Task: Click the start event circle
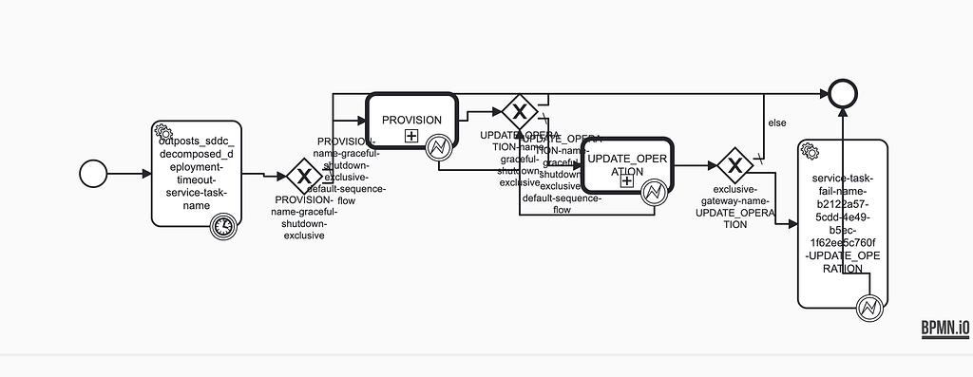coord(93,174)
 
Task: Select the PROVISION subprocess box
coord(411,106)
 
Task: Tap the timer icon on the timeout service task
coord(222,225)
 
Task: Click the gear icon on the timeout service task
coord(162,132)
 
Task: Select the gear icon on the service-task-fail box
coord(810,150)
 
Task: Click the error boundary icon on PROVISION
coord(439,148)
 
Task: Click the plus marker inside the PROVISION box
coord(411,136)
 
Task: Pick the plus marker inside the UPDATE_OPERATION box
coord(627,180)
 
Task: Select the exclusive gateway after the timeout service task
coord(304,176)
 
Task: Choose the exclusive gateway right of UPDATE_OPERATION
coord(735,165)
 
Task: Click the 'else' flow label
coord(776,123)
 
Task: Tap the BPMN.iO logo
coord(944,329)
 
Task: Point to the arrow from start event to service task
coord(128,174)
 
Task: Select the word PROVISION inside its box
coord(411,120)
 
